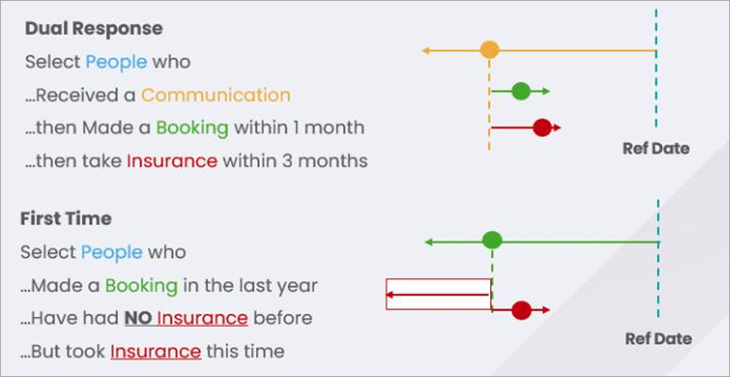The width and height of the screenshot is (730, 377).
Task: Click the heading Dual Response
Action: [x=94, y=29]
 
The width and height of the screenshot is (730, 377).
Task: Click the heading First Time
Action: [x=65, y=218]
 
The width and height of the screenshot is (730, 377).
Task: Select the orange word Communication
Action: [x=216, y=96]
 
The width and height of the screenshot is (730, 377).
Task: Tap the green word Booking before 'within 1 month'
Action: [x=192, y=128]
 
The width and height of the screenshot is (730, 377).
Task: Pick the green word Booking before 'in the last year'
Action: [x=142, y=285]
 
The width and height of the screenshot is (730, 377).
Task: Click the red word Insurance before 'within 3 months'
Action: [x=172, y=161]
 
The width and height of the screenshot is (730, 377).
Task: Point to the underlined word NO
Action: [x=138, y=318]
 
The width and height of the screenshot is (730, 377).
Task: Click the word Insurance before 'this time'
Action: [x=155, y=351]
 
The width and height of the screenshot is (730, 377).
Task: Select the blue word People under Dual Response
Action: [x=117, y=62]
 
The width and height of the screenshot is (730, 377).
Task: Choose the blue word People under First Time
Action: [x=112, y=253]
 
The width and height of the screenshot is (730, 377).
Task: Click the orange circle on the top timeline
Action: [x=489, y=50]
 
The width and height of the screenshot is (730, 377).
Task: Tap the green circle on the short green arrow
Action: [x=521, y=91]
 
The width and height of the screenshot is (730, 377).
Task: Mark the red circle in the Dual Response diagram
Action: [x=542, y=128]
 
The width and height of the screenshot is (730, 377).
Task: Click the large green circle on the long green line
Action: [x=492, y=240]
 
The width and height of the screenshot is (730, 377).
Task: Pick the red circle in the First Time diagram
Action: [x=521, y=310]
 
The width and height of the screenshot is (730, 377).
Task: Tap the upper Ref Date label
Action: [x=656, y=149]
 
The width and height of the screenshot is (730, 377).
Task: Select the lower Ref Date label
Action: [x=659, y=338]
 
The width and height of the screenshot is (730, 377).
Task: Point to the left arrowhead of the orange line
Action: [x=425, y=50]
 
